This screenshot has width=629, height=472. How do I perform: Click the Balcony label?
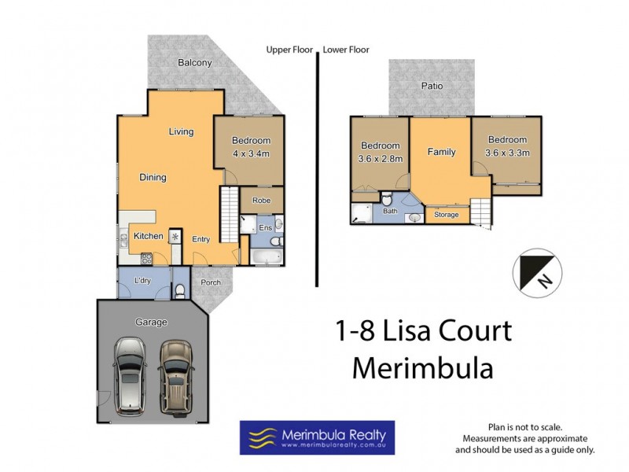pyautogui.click(x=194, y=63)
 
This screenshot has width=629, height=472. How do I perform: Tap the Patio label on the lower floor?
pyautogui.click(x=431, y=87)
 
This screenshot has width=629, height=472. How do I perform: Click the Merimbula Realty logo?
pyautogui.click(x=317, y=438)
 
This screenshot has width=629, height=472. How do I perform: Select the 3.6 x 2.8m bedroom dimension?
pyautogui.click(x=381, y=159)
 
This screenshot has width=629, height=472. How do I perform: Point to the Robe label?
pyautogui.click(x=261, y=201)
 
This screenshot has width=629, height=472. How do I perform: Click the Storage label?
pyautogui.click(x=447, y=214)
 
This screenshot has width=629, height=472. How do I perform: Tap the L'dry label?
pyautogui.click(x=142, y=281)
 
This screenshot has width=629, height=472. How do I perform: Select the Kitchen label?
pyautogui.click(x=148, y=236)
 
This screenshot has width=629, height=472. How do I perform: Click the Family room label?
pyautogui.click(x=441, y=152)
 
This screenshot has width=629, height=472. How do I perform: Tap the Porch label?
pyautogui.click(x=210, y=282)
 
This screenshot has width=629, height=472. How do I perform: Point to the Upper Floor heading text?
pyautogui.click(x=289, y=50)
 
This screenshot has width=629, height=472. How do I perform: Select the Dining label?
pyautogui.click(x=153, y=178)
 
